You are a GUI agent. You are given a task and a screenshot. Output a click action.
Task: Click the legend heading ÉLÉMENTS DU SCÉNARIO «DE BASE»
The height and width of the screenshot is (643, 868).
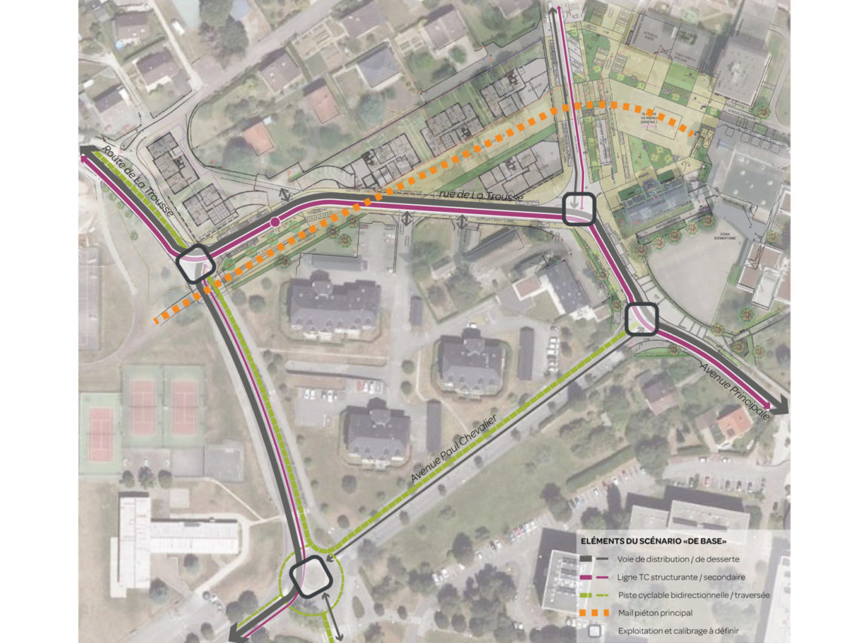(x=653, y=540)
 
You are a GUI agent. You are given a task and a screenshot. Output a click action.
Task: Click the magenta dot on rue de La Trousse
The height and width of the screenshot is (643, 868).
(x=276, y=222)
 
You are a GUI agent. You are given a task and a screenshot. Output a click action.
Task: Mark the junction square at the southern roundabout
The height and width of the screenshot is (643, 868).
(x=310, y=576)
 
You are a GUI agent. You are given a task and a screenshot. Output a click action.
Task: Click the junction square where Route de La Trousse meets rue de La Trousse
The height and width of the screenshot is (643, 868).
(x=195, y=264)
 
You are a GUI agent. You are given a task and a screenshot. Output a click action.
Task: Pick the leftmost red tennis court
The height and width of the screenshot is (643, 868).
(x=101, y=434)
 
